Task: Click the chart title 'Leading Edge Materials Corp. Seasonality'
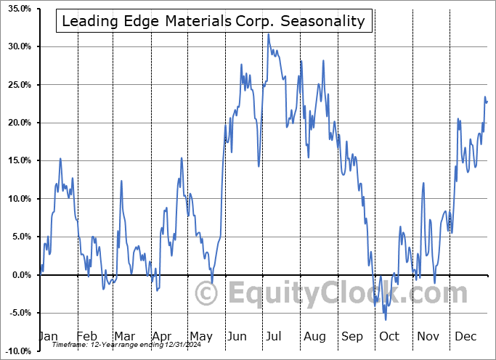coord(214,21)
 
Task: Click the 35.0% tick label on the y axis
coord(16,9)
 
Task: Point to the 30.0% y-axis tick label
coord(16,46)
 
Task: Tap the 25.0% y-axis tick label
coord(16,85)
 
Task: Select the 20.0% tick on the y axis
coord(16,123)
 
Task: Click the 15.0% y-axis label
coord(16,161)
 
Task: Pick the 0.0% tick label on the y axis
coord(19,275)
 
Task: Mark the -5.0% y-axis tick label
coord(17,313)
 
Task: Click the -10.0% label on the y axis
coord(15,351)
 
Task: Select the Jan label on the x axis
coord(48,337)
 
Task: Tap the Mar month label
coord(124,337)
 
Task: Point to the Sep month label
coord(352,337)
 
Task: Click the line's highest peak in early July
coord(268,33)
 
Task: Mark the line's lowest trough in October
coord(386,319)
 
